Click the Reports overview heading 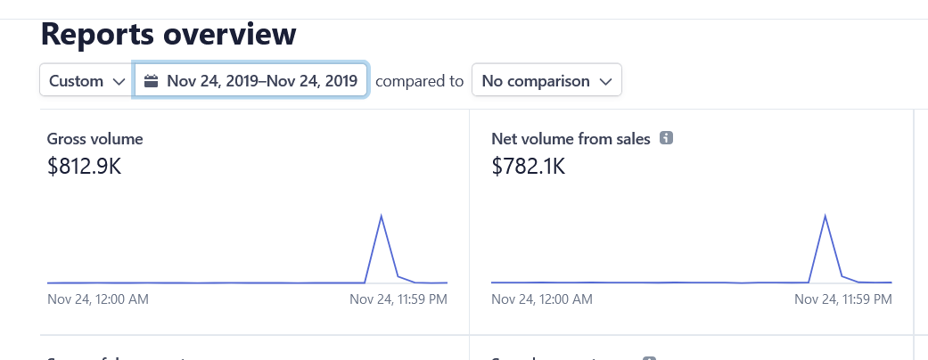click(x=168, y=34)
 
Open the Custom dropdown click(x=86, y=81)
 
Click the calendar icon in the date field click(x=152, y=81)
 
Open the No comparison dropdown click(x=546, y=81)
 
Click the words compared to click(x=419, y=81)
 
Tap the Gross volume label click(x=94, y=139)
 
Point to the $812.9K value click(x=84, y=166)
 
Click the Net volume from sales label click(x=571, y=139)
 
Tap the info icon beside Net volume click(x=665, y=138)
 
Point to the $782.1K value click(x=528, y=166)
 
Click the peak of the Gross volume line click(x=382, y=216)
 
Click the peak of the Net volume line click(x=825, y=216)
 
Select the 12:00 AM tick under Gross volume click(x=98, y=300)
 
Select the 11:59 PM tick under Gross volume click(x=398, y=300)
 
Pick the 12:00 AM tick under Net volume click(x=542, y=300)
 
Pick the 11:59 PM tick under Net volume click(x=842, y=300)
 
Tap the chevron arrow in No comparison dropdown click(x=605, y=81)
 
